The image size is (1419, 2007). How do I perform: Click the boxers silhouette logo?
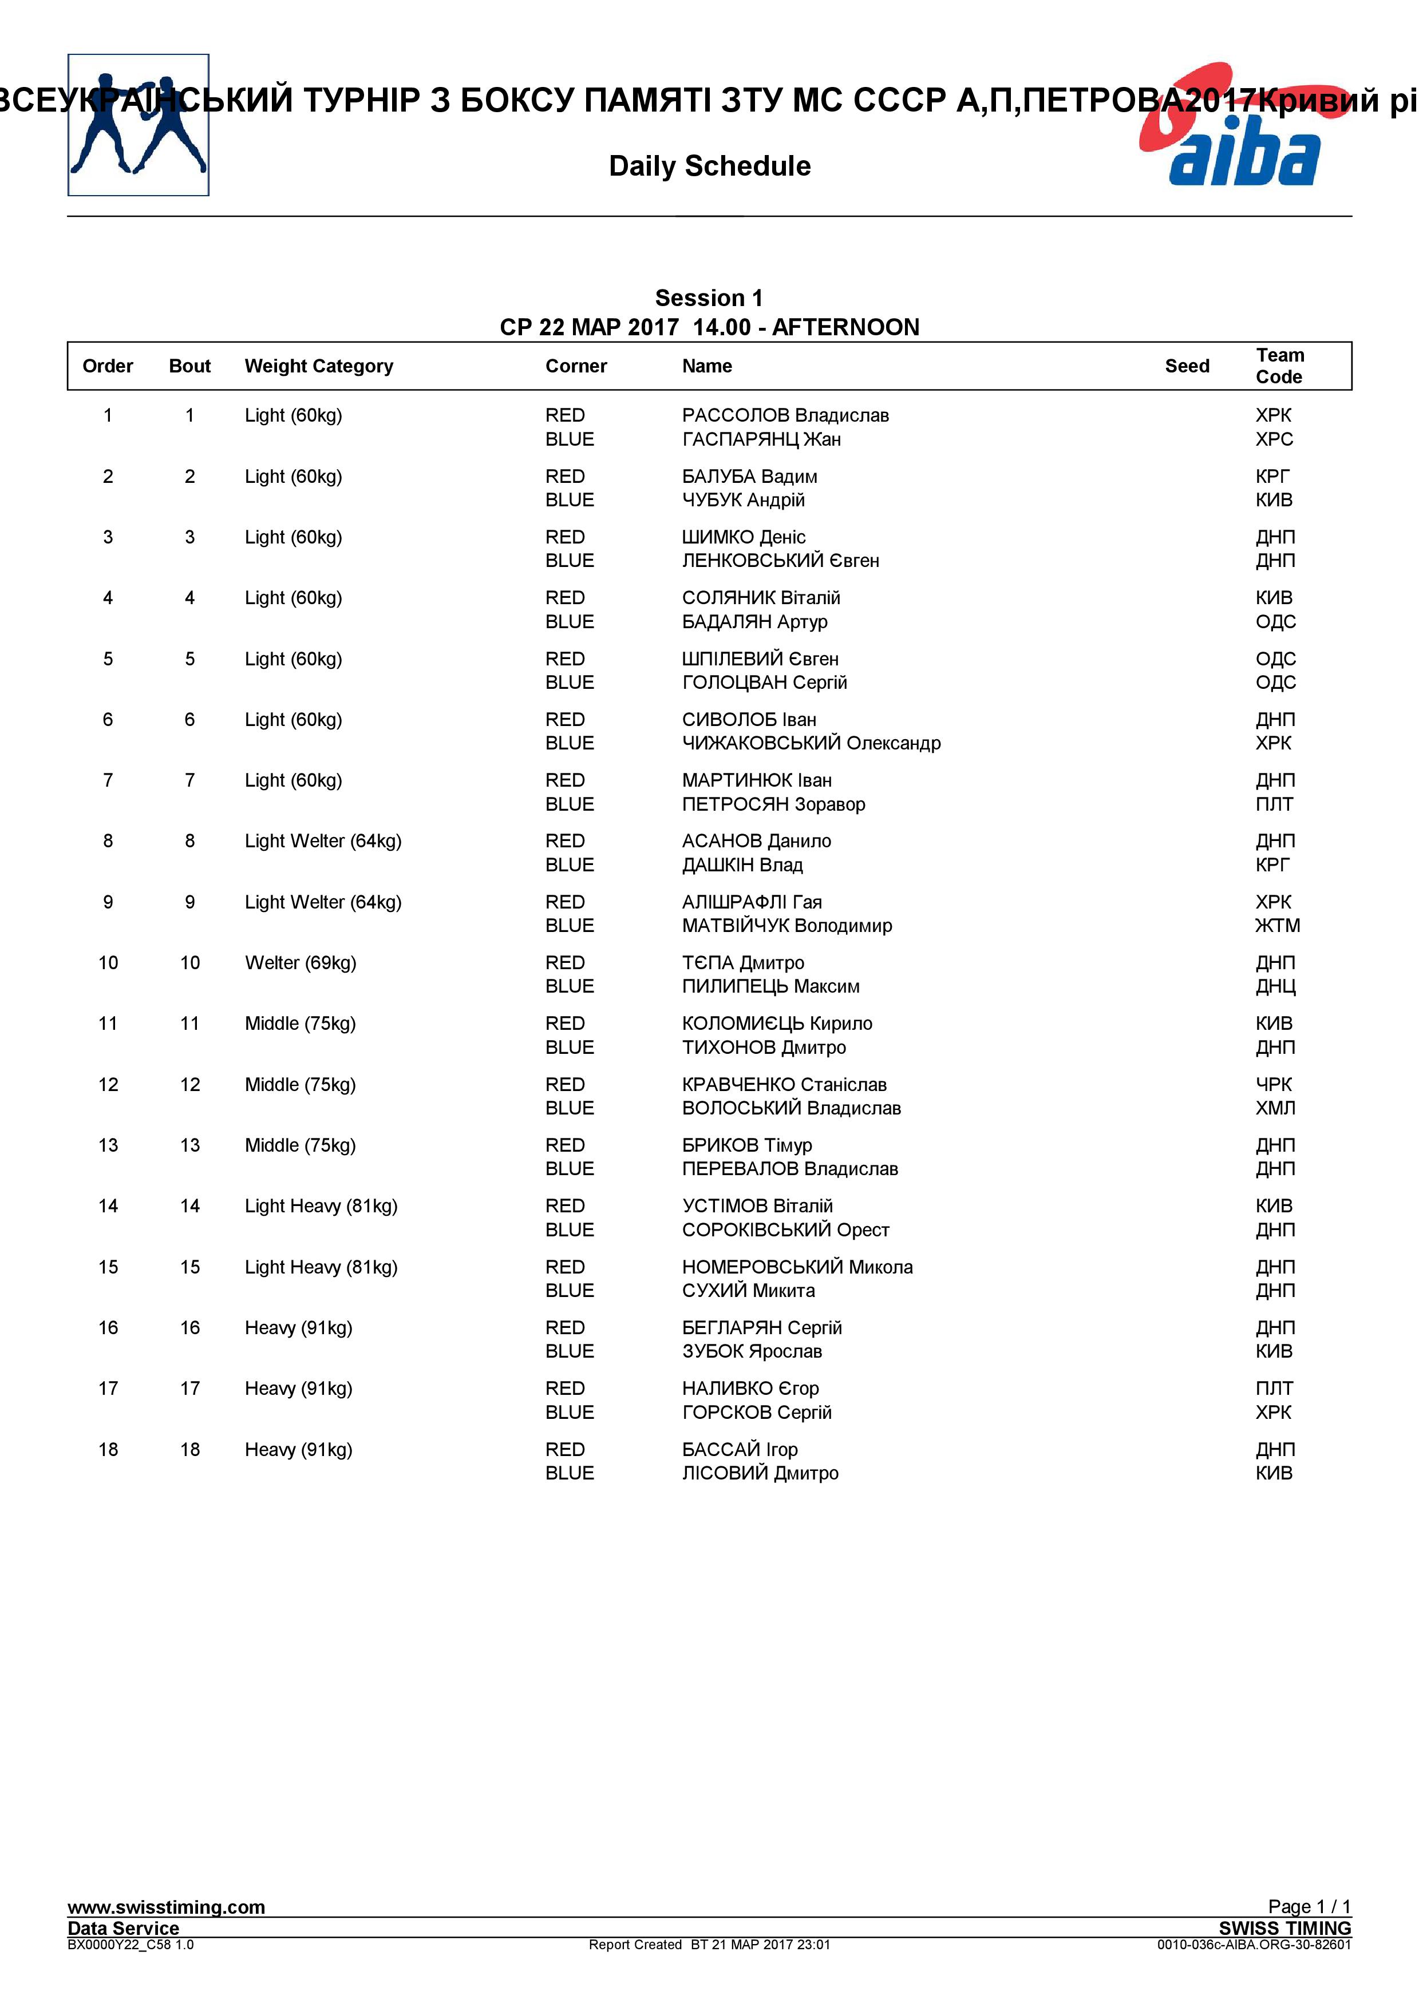pyautogui.click(x=138, y=125)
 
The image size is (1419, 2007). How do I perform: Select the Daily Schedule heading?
pyautogui.click(x=709, y=166)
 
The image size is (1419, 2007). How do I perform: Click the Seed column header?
pyautogui.click(x=1187, y=366)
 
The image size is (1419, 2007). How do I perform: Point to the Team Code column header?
pyautogui.click(x=1279, y=366)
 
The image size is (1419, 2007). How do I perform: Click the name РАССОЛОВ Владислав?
pyautogui.click(x=785, y=415)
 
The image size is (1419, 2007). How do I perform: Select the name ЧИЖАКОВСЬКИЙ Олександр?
pyautogui.click(x=811, y=743)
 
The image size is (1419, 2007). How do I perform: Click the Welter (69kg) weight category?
pyautogui.click(x=300, y=963)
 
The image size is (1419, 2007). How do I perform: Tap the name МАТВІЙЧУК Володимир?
pyautogui.click(x=787, y=926)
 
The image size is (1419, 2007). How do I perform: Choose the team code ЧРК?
pyautogui.click(x=1273, y=1085)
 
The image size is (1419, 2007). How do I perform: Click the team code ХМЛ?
pyautogui.click(x=1275, y=1108)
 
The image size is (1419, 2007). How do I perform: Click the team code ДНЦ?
pyautogui.click(x=1275, y=987)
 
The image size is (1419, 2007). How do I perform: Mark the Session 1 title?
pyautogui.click(x=709, y=298)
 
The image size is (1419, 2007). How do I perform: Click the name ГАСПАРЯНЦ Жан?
pyautogui.click(x=761, y=440)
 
